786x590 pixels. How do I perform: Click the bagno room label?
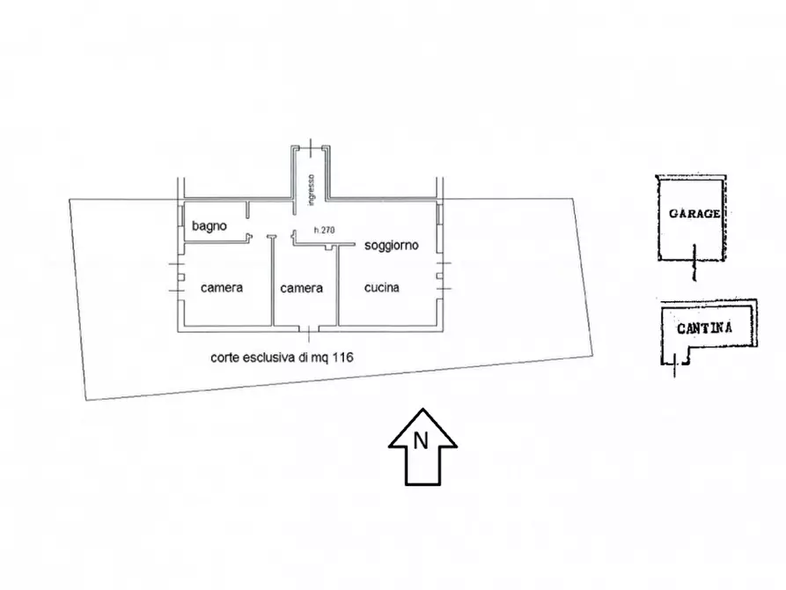point(209,226)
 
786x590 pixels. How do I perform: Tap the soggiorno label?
point(391,246)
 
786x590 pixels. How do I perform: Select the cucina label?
point(381,287)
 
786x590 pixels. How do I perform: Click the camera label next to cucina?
point(301,288)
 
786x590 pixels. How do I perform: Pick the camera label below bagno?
point(222,287)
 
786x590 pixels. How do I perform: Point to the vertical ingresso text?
point(312,189)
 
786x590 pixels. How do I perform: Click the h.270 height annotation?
point(324,231)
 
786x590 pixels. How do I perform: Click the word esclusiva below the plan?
point(266,358)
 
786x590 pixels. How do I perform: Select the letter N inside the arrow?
point(421,441)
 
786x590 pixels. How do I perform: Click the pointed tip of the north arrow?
point(422,409)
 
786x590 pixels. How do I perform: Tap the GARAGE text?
point(694,214)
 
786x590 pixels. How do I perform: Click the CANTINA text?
point(704,328)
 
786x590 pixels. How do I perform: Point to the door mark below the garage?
point(694,262)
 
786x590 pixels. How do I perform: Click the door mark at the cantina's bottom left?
point(675,364)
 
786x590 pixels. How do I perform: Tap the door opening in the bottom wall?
point(309,329)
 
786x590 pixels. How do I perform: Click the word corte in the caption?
point(225,358)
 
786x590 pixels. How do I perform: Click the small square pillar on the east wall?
point(439,276)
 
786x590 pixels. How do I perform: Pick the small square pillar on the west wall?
point(181,277)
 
